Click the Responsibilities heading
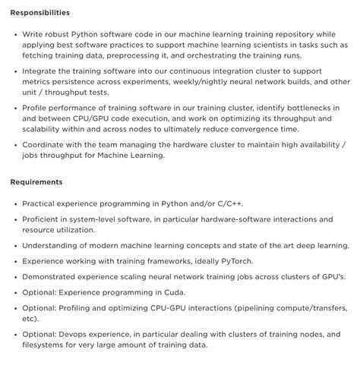[39, 13]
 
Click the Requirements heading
[36, 183]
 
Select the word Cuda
[172, 291]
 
